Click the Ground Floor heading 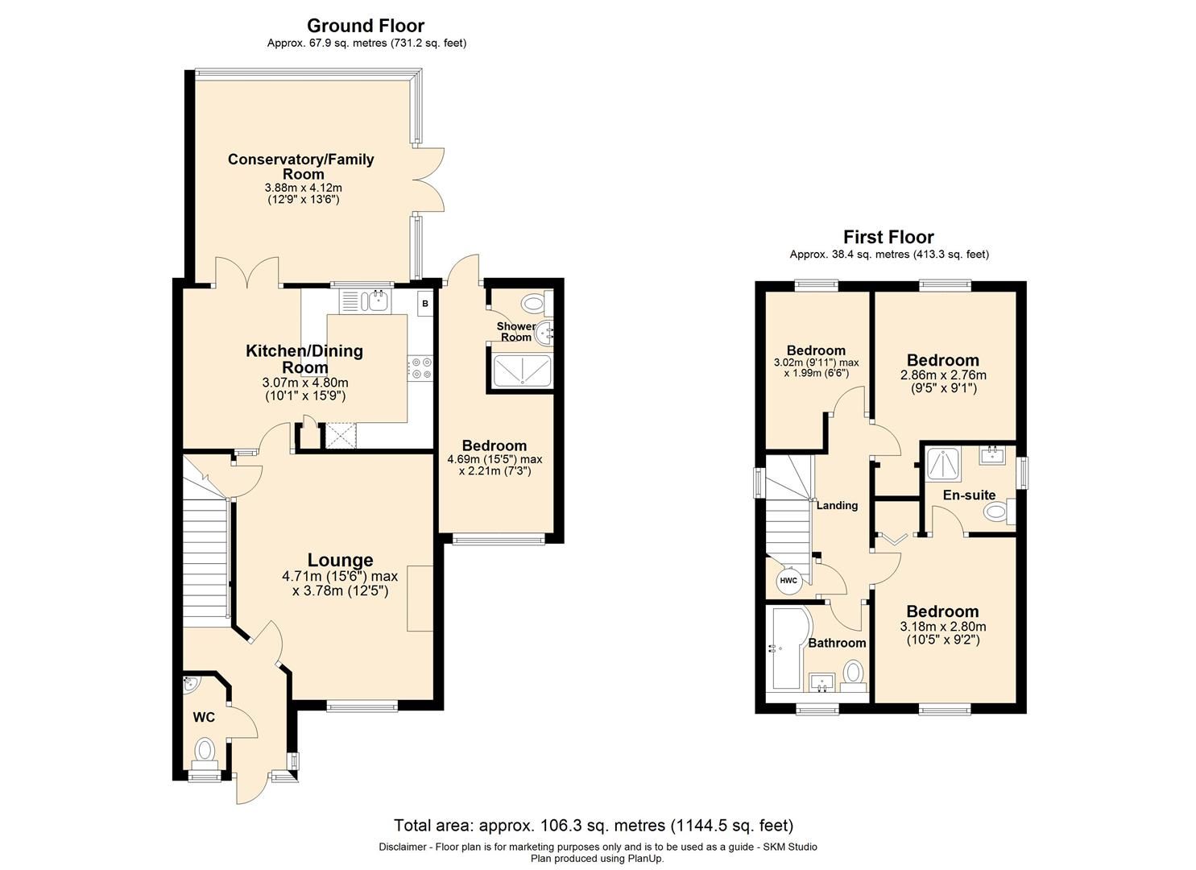[x=366, y=26]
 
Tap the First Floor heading [x=888, y=237]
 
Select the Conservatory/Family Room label [x=300, y=166]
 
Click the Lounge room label [x=340, y=560]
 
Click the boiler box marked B [x=424, y=304]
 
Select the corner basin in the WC [x=191, y=685]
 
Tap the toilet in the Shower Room [x=533, y=304]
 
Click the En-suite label [x=969, y=495]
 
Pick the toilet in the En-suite [x=997, y=512]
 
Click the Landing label [x=837, y=505]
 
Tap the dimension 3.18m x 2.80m [x=942, y=626]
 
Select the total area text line [x=594, y=825]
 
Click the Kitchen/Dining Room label [x=304, y=358]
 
